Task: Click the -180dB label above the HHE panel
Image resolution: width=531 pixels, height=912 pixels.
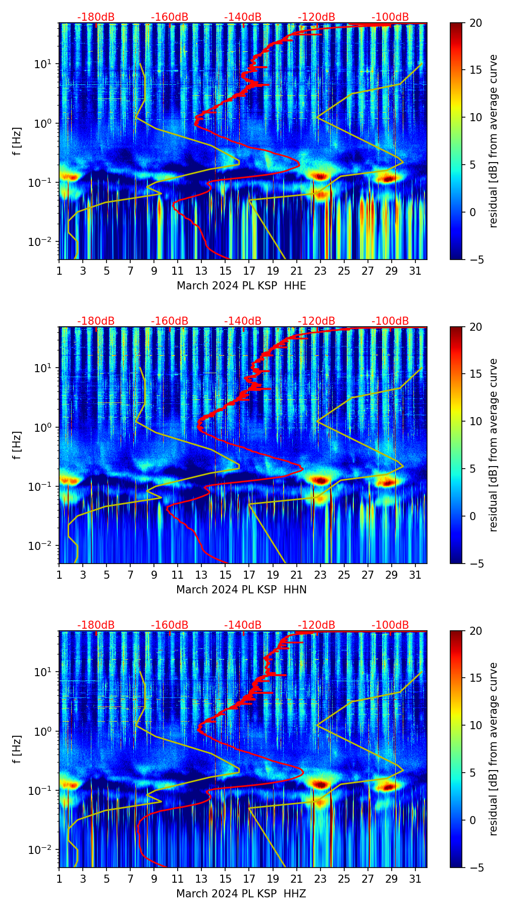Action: (96, 17)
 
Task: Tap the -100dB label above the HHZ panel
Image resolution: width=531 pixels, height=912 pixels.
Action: (390, 625)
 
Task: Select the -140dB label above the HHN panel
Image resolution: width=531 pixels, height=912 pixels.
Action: (243, 321)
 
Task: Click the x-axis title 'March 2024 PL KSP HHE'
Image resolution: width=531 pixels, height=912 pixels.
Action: (241, 286)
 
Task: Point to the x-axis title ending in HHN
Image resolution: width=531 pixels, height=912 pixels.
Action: (241, 590)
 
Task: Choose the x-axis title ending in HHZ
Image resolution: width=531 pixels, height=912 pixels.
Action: (241, 894)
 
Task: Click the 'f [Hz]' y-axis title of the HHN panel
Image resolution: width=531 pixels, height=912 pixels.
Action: (18, 445)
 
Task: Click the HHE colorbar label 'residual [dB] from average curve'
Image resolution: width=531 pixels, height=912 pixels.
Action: (493, 141)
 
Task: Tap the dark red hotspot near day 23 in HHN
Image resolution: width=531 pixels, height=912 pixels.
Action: (320, 480)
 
